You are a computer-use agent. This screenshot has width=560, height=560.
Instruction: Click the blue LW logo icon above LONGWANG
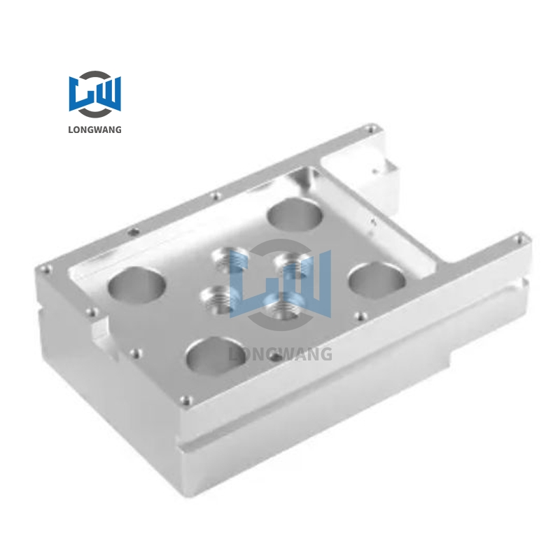(x=94, y=94)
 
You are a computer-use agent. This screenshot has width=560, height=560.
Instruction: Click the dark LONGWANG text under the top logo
(x=94, y=129)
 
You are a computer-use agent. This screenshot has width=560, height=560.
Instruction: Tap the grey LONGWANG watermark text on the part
(x=281, y=354)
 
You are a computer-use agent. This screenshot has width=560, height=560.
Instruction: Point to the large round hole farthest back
(x=294, y=213)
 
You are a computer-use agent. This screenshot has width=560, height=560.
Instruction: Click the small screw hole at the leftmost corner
(x=45, y=268)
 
